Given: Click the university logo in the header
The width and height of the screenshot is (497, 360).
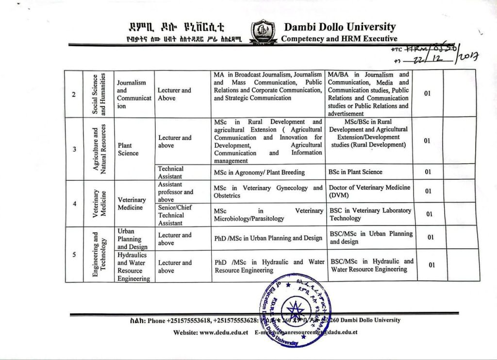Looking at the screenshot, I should pos(263,32).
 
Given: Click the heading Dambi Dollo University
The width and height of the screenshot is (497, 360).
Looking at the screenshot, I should pos(340,27).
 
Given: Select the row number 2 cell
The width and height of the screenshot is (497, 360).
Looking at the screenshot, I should pos(73,94).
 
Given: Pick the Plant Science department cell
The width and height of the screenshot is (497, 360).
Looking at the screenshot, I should pos(128,149).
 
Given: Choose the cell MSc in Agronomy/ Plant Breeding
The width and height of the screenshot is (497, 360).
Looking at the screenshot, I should pos(259,172).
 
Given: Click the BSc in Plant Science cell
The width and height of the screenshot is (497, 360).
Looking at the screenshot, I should pos(355,171).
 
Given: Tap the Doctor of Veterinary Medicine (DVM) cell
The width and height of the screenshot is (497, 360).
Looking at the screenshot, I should pos(369,191).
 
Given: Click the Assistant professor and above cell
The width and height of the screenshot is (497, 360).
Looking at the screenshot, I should pos(175,191).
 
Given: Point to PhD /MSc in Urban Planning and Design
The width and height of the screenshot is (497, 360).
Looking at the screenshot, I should pos(268,238).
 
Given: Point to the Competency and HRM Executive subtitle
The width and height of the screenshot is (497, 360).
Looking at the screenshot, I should pos(339,39).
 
